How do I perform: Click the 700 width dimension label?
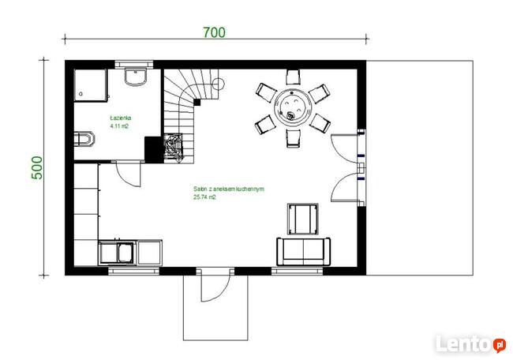(x=214, y=32)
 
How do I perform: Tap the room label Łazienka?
(x=121, y=118)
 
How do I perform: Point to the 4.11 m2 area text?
(x=118, y=126)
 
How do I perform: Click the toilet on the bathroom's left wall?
(x=83, y=141)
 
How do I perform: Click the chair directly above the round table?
(x=292, y=78)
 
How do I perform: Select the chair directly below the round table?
(x=293, y=137)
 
